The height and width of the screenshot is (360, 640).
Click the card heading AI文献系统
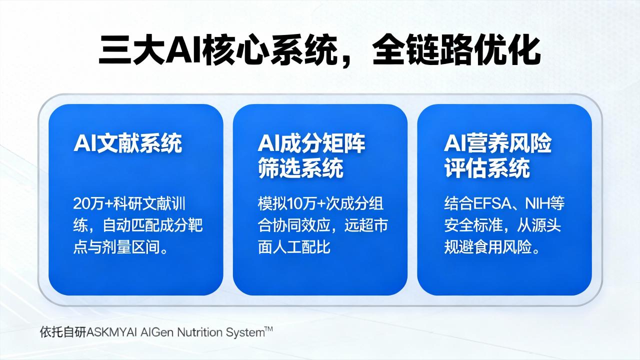click(x=127, y=143)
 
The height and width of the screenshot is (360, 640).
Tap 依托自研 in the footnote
click(x=63, y=332)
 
